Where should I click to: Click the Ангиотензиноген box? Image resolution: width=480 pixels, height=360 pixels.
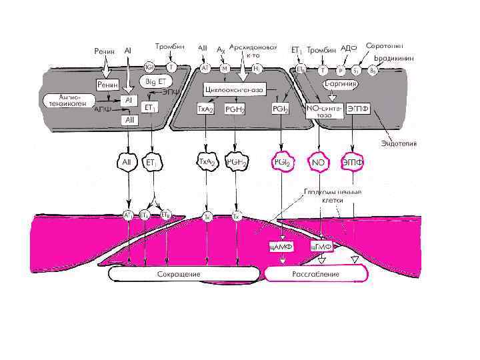(65, 100)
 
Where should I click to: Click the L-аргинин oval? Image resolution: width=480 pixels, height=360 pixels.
(341, 85)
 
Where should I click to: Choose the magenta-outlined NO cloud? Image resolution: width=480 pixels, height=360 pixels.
(319, 163)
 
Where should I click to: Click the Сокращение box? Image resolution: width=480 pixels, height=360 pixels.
(178, 274)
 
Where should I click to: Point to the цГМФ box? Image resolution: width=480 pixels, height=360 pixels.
(322, 247)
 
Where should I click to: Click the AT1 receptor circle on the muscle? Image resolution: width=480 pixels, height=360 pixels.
(127, 215)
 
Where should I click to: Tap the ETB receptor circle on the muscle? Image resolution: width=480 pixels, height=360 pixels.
(165, 215)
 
